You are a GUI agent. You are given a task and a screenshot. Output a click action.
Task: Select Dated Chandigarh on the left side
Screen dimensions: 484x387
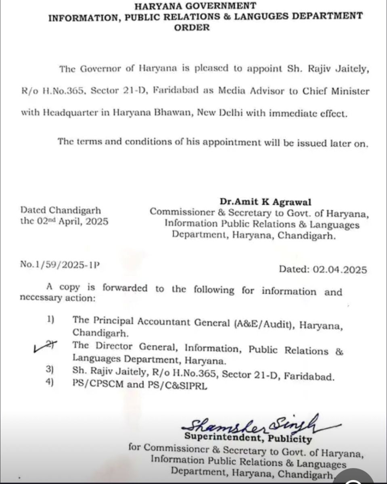(x=61, y=210)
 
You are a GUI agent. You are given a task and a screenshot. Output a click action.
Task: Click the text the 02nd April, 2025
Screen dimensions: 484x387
(x=64, y=221)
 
